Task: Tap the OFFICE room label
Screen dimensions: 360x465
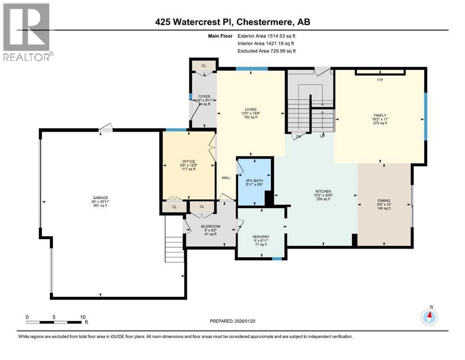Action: [x=189, y=162]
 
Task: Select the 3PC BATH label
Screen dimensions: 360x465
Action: [x=254, y=180]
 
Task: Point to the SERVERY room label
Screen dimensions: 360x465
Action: [x=259, y=237]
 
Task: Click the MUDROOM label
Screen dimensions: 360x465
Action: [x=210, y=226]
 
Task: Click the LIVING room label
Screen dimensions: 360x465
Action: [x=251, y=110]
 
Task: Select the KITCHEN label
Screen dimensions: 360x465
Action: [x=323, y=191]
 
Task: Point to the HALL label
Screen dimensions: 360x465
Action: [x=226, y=178]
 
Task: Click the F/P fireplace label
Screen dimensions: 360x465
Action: [x=380, y=80]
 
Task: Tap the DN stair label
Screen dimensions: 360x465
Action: [x=298, y=137]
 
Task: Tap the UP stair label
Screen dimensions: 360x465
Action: [x=322, y=137]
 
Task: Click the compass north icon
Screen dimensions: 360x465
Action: [x=429, y=317]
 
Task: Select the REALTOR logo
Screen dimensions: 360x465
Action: [x=27, y=32]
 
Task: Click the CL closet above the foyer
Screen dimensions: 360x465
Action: [x=204, y=66]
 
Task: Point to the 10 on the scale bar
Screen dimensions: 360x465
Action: [x=82, y=317]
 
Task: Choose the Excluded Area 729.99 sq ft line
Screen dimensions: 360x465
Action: [x=267, y=51]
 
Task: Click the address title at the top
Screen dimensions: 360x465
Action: [x=233, y=22]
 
